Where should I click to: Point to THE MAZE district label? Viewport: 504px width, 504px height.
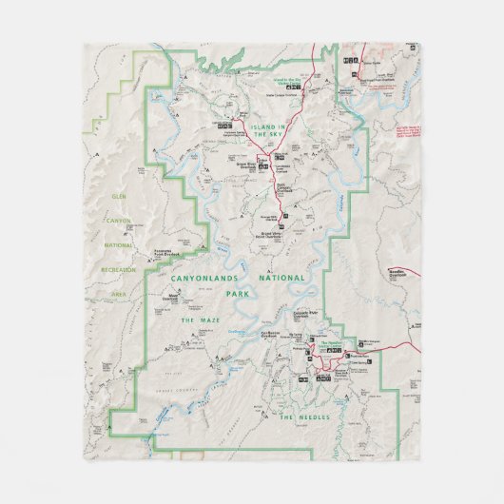(200, 321)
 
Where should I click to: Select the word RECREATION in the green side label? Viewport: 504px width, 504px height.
(118, 270)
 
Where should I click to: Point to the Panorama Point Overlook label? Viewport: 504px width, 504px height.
(168, 254)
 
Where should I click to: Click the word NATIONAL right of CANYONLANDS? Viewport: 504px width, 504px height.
(282, 278)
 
